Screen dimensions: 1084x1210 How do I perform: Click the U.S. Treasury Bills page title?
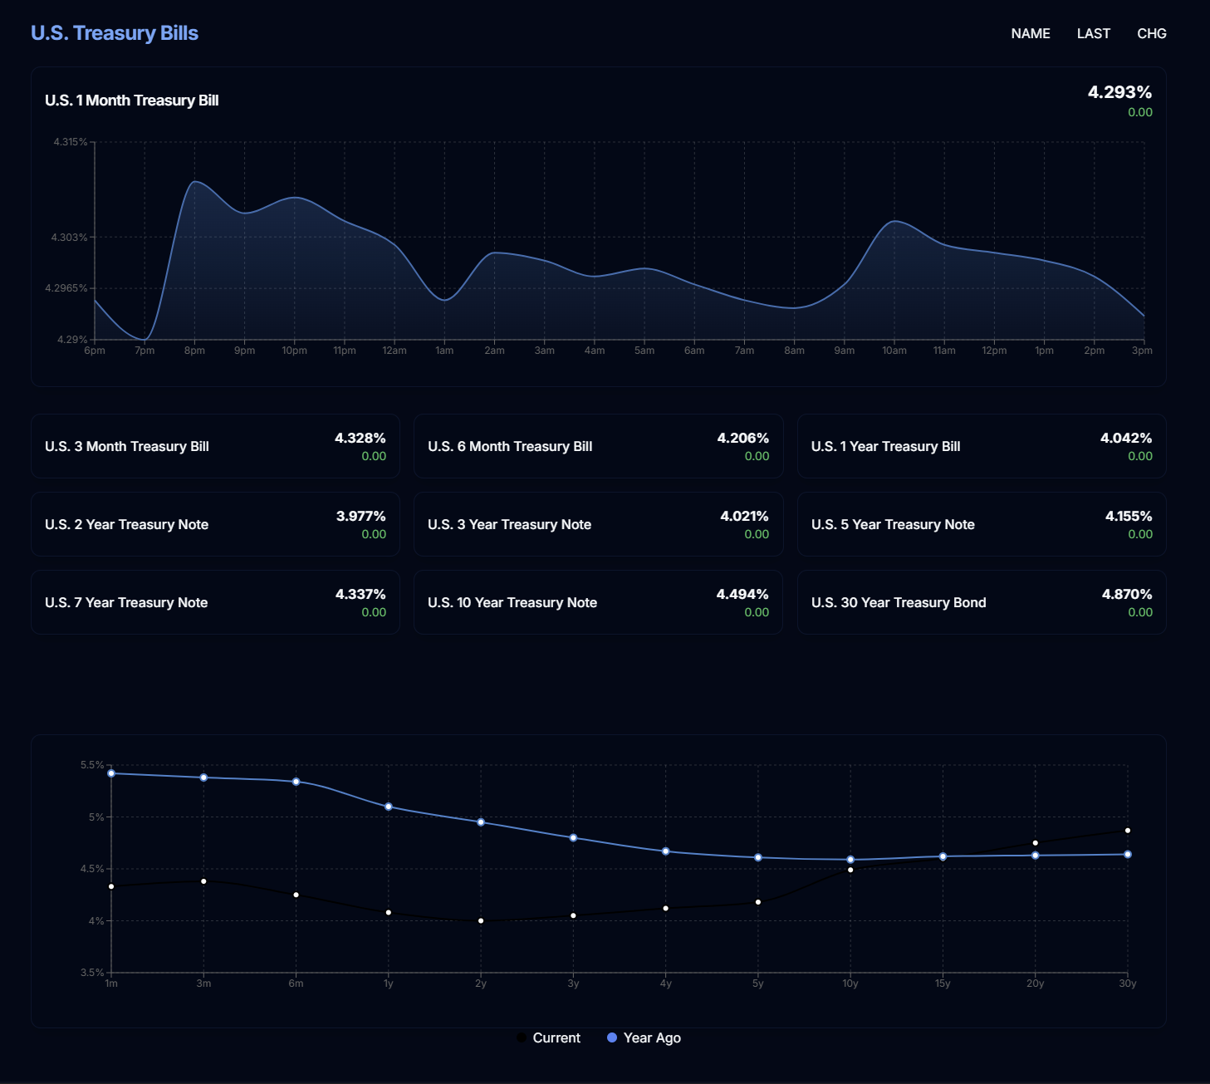click(115, 33)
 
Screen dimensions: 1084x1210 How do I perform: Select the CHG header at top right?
click(1151, 34)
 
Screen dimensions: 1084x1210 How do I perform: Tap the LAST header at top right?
click(1093, 34)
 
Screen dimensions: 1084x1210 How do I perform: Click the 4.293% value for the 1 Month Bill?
click(1119, 92)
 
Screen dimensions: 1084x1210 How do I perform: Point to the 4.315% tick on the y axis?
click(70, 142)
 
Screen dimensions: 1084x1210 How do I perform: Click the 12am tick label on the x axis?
click(394, 351)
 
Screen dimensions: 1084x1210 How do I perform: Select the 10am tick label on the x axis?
click(894, 351)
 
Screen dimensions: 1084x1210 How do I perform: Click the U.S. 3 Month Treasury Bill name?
click(127, 447)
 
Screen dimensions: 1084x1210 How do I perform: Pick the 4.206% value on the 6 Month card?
click(742, 438)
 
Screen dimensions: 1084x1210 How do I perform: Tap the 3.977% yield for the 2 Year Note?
click(360, 516)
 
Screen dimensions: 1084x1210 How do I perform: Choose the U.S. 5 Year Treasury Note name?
click(893, 525)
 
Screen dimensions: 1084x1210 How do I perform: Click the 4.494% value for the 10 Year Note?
click(742, 594)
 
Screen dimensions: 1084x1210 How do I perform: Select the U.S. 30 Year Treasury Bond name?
click(899, 603)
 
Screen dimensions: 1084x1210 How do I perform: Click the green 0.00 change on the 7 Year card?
click(374, 612)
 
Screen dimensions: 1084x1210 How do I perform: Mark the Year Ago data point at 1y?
click(389, 807)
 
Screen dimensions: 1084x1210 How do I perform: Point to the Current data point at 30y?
click(1127, 831)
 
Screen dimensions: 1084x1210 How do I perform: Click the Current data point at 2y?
click(481, 920)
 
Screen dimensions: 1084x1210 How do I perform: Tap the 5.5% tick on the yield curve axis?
click(91, 765)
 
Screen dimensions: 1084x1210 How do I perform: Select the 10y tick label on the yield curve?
click(850, 983)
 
